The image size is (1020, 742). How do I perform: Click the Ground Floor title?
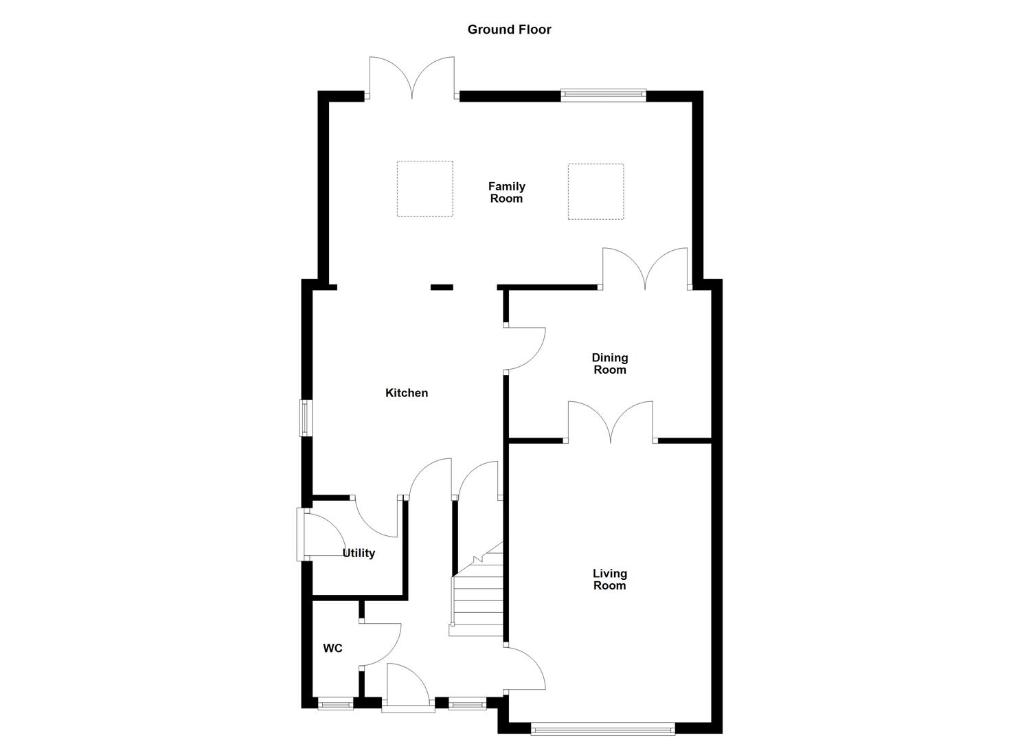(x=509, y=30)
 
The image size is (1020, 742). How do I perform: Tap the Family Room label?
(x=506, y=192)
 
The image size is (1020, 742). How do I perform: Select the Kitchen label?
(x=407, y=393)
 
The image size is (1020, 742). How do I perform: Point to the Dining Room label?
(x=610, y=363)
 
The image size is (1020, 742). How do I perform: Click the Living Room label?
(x=610, y=579)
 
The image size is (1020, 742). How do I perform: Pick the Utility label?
(x=359, y=553)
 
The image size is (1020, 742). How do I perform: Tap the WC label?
(x=333, y=648)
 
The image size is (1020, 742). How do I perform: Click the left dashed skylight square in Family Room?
(x=424, y=189)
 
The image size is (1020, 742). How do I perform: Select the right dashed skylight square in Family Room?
(x=596, y=191)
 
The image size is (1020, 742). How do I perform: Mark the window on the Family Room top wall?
(x=604, y=95)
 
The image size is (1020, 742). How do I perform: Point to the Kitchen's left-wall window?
(x=305, y=418)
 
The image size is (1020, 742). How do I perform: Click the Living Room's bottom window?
(x=603, y=728)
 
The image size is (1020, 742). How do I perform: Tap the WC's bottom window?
(x=336, y=703)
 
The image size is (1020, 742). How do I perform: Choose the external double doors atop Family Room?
(x=411, y=79)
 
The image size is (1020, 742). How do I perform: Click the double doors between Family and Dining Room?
(x=645, y=269)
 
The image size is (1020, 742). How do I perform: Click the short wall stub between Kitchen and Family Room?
(x=442, y=287)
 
